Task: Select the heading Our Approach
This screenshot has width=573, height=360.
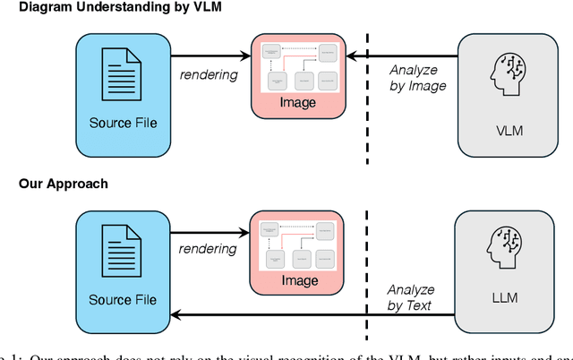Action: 64,184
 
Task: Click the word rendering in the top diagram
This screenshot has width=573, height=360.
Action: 209,75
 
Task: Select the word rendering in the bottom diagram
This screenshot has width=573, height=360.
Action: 209,250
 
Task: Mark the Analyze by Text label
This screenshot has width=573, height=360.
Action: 411,297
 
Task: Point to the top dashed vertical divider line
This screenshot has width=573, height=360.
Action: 367,99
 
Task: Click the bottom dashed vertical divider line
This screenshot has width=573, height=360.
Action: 367,260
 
